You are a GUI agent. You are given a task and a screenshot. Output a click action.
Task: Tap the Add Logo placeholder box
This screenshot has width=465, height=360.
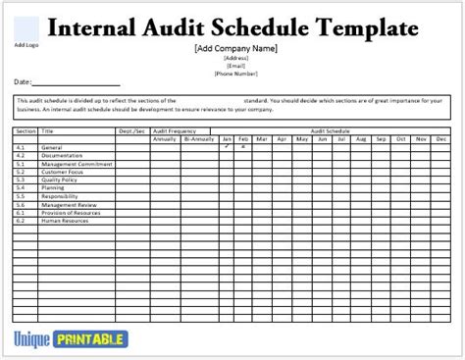pos(26,28)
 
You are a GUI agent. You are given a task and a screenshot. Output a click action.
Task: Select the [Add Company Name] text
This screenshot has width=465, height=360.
pos(236,47)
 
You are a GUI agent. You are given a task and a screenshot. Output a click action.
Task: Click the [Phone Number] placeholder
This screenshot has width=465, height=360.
pos(236,73)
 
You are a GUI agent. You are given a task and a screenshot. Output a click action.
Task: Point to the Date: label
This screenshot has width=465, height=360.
pos(23,81)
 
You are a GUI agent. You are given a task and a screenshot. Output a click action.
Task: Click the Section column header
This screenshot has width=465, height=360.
pos(26,131)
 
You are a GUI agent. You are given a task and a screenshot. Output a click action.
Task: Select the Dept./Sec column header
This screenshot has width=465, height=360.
pos(132,131)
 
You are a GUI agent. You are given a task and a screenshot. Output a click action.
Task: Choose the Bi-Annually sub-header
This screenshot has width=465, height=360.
pos(197,138)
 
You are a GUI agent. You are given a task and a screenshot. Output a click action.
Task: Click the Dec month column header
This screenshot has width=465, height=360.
pos(441,138)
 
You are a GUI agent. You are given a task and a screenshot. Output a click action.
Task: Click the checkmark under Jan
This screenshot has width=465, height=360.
pos(228,146)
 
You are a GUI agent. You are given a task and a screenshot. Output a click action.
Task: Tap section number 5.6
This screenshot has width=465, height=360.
pos(21,205)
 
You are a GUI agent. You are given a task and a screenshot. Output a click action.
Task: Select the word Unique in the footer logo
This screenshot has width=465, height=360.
pos(34,338)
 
